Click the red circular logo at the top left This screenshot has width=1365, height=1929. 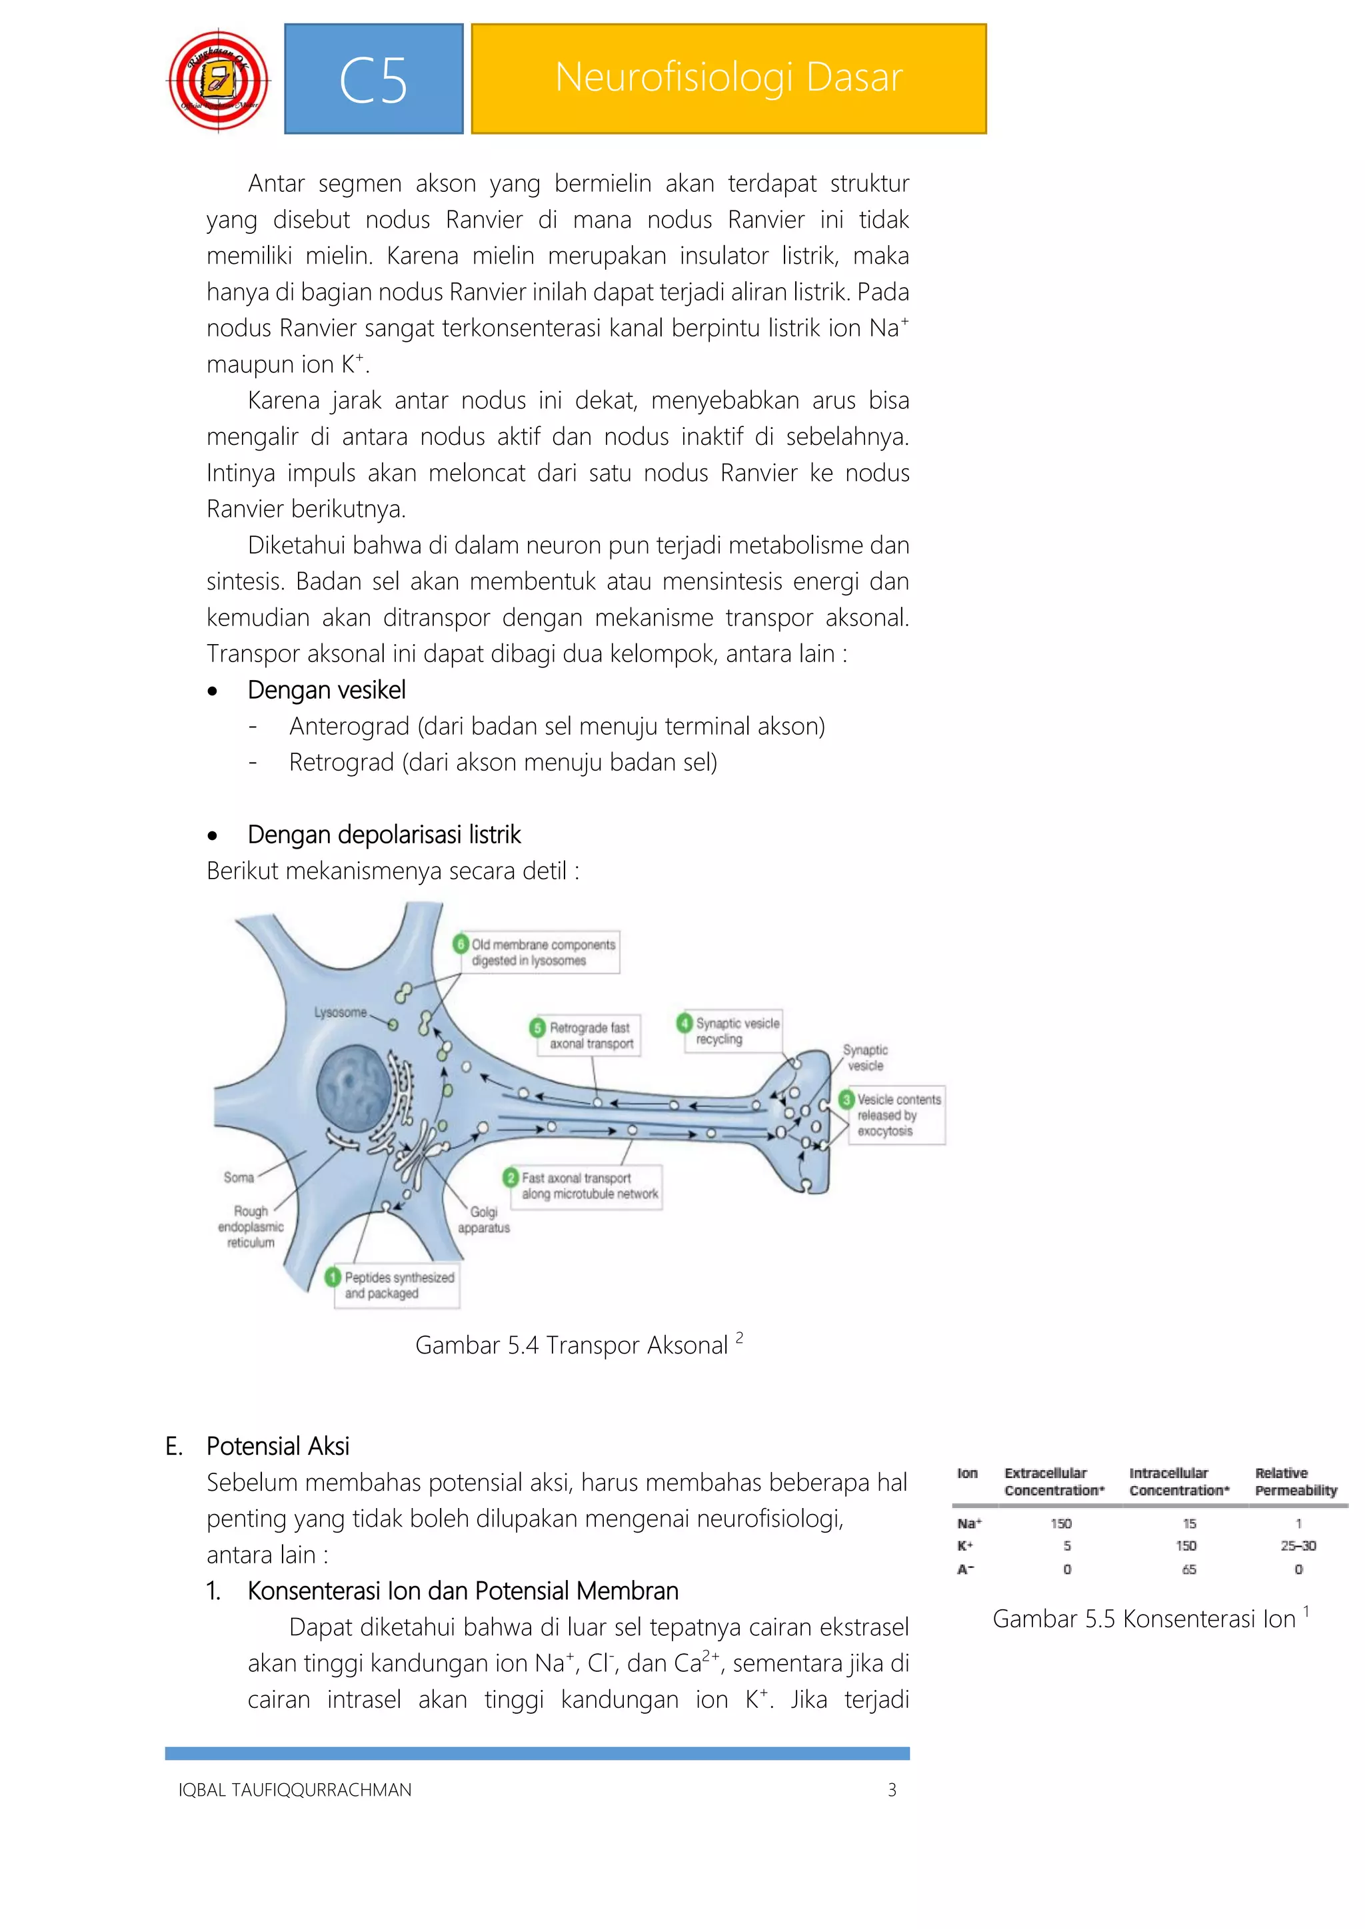click(219, 81)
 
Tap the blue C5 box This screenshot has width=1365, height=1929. click(373, 79)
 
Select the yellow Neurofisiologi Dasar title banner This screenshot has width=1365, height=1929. click(728, 79)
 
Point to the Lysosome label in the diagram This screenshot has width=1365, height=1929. click(341, 1012)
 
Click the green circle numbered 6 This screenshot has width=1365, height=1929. click(461, 943)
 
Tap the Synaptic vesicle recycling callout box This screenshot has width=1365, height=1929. click(730, 1031)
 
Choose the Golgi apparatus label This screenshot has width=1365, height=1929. click(483, 1219)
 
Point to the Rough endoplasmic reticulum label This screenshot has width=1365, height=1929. click(251, 1227)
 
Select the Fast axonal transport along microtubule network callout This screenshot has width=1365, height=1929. click(583, 1186)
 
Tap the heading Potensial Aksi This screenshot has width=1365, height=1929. click(277, 1446)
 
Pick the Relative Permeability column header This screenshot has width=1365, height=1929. click(1295, 1481)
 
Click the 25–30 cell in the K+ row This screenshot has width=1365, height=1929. click(1298, 1546)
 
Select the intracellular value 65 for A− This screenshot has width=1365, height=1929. click(1188, 1569)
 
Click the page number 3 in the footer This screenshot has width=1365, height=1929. click(892, 1790)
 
